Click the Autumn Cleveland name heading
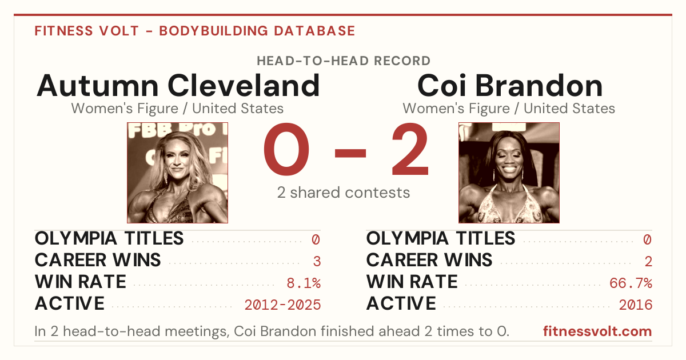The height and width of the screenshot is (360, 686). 178,86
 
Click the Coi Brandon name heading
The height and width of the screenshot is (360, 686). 509,86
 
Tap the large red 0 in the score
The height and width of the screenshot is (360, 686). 286,149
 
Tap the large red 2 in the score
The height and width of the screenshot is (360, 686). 410,149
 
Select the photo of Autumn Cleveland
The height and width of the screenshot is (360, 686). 177,173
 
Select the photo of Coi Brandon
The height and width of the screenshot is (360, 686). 509,173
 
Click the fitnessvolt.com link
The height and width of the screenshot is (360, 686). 597,331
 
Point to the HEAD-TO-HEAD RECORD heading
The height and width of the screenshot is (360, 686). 344,61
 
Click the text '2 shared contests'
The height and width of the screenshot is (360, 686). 344,193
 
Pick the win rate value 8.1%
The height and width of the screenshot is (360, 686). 304,283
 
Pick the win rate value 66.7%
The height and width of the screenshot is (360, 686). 631,283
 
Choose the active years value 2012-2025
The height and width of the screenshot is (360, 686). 282,305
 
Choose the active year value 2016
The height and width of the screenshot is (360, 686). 636,305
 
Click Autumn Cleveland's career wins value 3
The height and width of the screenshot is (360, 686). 317,262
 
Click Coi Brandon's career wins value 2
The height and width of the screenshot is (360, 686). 648,262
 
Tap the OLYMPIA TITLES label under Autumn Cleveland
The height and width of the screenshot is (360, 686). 109,238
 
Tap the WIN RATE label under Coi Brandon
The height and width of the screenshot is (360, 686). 412,282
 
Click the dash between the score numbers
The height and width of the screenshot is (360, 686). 350,153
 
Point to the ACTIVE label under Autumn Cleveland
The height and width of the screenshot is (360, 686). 70,303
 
